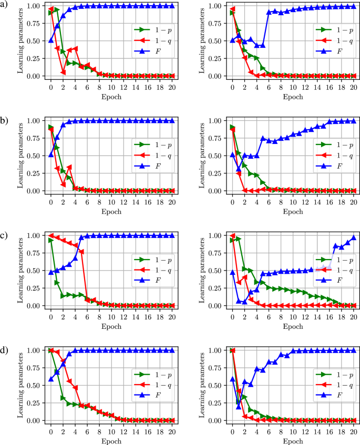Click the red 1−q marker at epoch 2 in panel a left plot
[63, 73]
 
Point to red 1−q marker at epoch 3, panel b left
[69, 168]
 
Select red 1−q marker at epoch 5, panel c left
[81, 252]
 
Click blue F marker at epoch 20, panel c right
[354, 237]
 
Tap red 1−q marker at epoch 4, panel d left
[75, 388]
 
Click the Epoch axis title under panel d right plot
[293, 440]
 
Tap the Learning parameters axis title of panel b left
[20, 155]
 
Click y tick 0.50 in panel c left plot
[33, 271]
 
